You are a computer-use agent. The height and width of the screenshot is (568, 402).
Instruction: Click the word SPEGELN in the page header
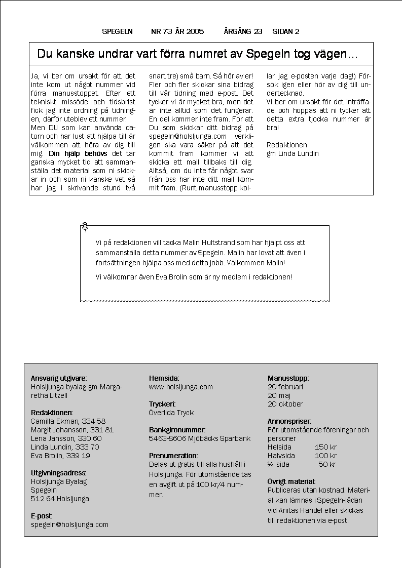coord(117,31)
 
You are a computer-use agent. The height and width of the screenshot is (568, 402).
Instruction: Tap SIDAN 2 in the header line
coord(285,31)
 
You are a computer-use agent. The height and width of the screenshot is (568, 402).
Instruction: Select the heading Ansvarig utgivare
coord(59,378)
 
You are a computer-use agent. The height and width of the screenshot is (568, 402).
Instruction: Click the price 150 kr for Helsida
coord(325,447)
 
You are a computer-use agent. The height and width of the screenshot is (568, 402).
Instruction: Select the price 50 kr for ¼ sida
coord(327,464)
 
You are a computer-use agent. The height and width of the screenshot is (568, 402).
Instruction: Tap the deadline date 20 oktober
coord(285,404)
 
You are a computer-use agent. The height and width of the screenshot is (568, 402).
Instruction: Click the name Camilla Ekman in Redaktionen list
coord(52,421)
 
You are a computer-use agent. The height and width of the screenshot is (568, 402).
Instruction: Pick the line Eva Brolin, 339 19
coord(60,456)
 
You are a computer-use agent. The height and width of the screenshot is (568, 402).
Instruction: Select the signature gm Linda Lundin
coord(293,153)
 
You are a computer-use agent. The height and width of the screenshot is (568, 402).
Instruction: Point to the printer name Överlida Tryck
coord(171,413)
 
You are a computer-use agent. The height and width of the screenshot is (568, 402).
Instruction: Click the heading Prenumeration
coord(173,456)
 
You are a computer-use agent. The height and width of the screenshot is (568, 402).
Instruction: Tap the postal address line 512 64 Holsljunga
coord(60,499)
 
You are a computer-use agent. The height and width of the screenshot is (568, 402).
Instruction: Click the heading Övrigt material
coord(291,481)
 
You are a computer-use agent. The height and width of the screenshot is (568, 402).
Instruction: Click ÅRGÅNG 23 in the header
coord(243,31)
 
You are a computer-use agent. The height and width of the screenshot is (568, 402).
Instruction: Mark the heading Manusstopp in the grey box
coord(288,378)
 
